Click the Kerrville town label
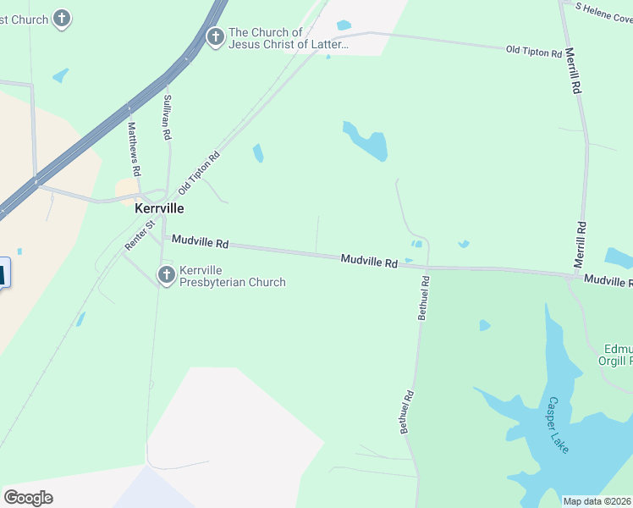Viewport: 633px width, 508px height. tap(160, 207)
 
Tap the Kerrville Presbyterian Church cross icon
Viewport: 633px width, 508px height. tap(166, 273)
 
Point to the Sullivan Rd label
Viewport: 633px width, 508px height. tap(168, 117)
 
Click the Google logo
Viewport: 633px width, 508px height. tap(28, 498)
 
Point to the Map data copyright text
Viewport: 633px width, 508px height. tap(597, 501)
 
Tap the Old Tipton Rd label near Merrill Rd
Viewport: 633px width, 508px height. tap(534, 52)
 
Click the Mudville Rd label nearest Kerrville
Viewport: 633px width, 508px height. tap(200, 242)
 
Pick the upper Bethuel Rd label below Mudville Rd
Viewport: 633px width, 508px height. tap(423, 296)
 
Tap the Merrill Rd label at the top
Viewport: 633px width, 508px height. tap(574, 70)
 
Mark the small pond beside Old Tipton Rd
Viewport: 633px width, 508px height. tap(258, 153)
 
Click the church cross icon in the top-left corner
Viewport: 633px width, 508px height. tap(62, 17)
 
